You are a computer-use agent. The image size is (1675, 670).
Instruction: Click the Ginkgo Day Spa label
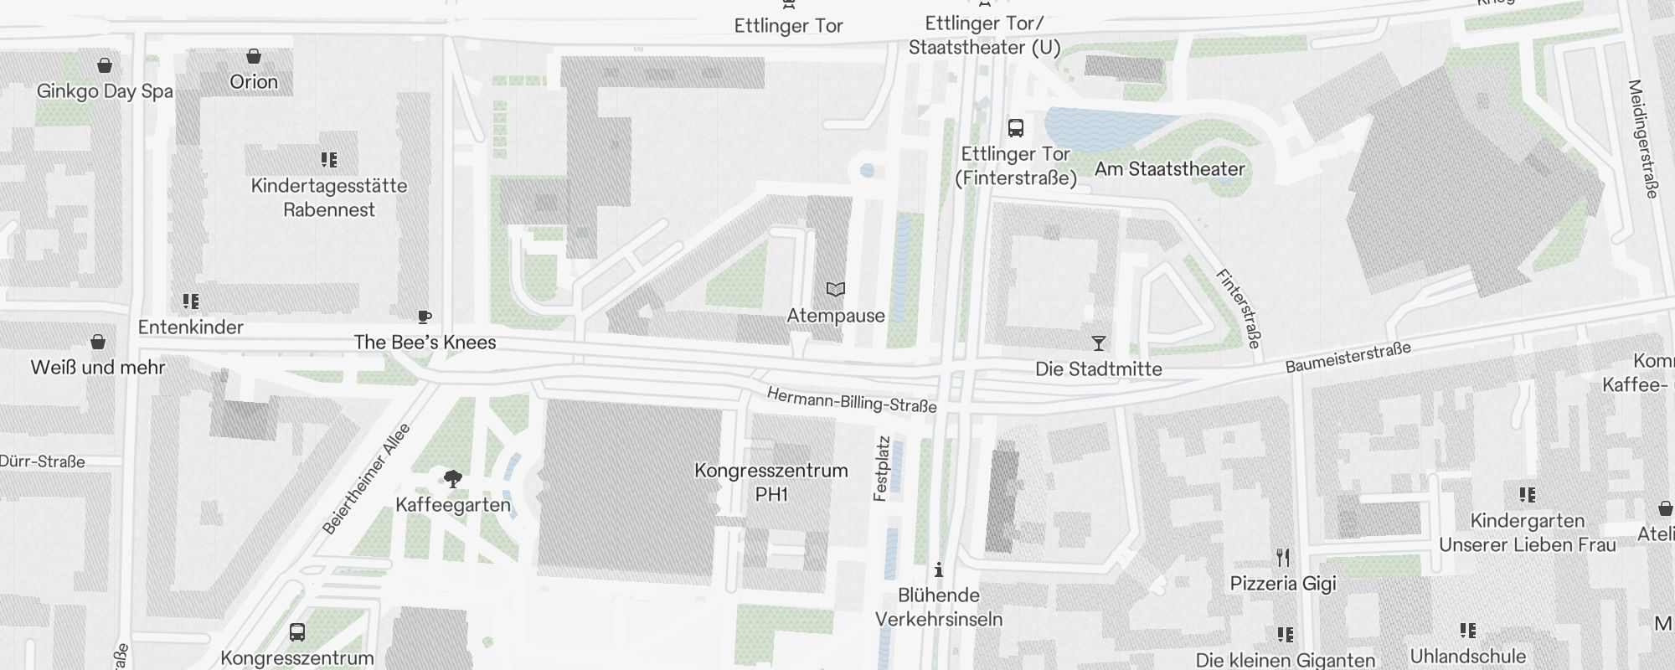(x=105, y=91)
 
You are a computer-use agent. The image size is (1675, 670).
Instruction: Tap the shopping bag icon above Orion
(x=254, y=57)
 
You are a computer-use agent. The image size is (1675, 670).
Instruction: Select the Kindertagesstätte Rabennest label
(x=329, y=198)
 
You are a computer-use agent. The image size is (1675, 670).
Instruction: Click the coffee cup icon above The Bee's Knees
(x=425, y=317)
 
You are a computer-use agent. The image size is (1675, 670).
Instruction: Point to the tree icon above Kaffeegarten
(x=453, y=479)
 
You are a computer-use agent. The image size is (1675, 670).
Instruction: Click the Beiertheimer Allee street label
(x=367, y=480)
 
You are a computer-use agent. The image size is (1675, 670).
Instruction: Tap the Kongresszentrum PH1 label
(x=771, y=482)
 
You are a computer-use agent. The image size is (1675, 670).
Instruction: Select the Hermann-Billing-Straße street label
(x=851, y=400)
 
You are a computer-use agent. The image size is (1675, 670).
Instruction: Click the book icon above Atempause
(x=835, y=290)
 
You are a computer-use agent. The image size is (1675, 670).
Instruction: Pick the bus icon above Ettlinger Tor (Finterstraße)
(x=1016, y=128)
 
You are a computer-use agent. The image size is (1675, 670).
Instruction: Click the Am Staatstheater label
(x=1169, y=169)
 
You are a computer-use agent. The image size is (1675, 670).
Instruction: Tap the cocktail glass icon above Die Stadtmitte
(x=1099, y=343)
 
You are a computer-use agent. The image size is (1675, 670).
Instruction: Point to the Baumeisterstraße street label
(x=1348, y=357)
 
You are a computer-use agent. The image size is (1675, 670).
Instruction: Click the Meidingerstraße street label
(x=1642, y=139)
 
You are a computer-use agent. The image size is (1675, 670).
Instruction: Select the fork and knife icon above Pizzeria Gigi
(x=1283, y=557)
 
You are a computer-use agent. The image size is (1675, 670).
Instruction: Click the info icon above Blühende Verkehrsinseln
(x=939, y=570)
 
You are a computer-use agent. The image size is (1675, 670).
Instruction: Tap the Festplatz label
(x=881, y=468)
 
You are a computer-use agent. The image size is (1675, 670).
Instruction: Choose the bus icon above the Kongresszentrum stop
(x=296, y=631)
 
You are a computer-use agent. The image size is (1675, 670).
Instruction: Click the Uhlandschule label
(x=1467, y=656)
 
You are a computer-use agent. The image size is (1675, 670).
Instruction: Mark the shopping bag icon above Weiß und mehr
(x=98, y=342)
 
